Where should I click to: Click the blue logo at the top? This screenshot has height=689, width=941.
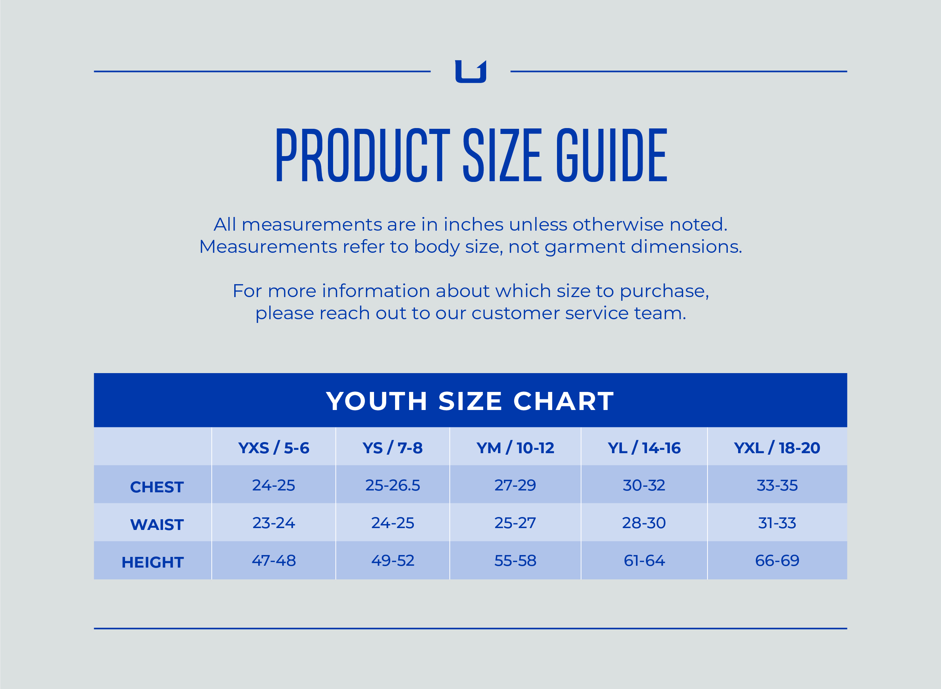pos(470,72)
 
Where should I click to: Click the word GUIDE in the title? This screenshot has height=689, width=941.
pos(612,155)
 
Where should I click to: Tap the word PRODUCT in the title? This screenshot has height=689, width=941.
pos(363,155)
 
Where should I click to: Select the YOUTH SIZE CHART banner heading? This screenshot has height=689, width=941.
pos(470,401)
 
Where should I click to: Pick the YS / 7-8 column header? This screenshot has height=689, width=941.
pos(392,448)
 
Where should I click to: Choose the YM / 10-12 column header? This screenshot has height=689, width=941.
pos(515,448)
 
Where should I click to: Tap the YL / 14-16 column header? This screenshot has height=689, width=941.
pos(644,448)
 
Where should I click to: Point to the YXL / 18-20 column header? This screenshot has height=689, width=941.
pos(777,448)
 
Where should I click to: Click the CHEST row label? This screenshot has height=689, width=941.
pos(157,487)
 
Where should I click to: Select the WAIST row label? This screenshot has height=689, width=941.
pos(157,525)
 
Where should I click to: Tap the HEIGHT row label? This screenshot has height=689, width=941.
pos(153,562)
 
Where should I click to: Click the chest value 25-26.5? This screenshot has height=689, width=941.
pos(392,485)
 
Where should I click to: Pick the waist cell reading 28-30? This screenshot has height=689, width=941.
pos(644,523)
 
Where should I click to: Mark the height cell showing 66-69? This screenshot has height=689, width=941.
pos(777,561)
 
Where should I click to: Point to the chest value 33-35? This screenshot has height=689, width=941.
pos(777,485)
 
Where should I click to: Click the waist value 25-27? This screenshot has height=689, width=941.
pos(515,523)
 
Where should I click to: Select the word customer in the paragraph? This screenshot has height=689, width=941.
pos(515,313)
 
